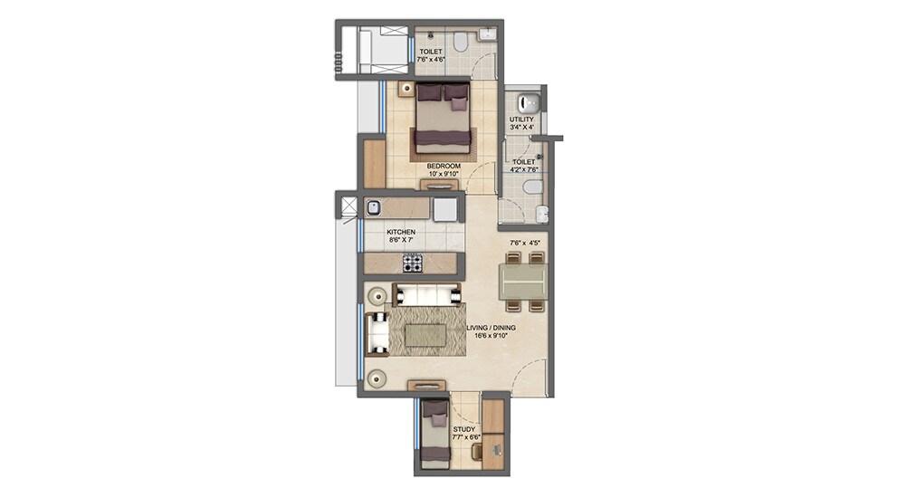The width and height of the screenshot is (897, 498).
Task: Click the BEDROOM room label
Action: click(444, 167)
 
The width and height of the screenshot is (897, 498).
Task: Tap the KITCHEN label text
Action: click(401, 233)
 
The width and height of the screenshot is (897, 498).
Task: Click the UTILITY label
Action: click(521, 120)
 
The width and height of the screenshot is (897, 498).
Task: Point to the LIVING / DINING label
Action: click(491, 328)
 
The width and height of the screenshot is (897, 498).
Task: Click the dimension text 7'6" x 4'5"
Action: click(526, 243)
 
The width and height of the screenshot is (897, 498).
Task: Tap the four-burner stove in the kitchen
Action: click(413, 263)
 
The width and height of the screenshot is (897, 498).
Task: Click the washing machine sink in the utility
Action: click(532, 101)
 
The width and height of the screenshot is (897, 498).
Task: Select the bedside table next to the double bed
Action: click(406, 89)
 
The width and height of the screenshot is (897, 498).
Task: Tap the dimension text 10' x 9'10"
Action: click(444, 175)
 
